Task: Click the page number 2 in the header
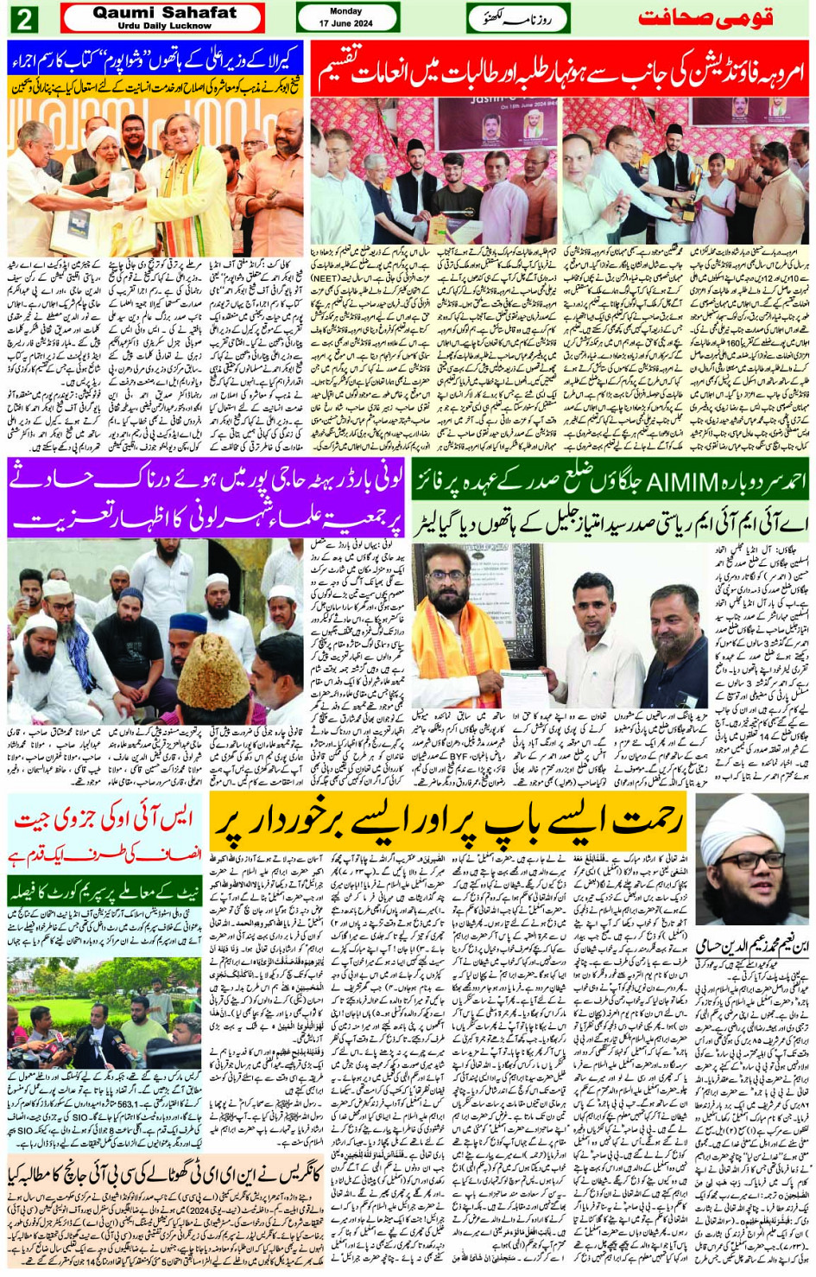click(23, 18)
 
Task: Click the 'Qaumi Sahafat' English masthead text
click(164, 13)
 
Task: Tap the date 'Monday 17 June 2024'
click(346, 17)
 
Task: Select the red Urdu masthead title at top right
click(705, 18)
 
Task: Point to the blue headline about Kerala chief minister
click(155, 59)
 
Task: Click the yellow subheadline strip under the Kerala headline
click(155, 86)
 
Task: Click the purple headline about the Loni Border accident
click(206, 498)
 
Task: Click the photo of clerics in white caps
click(155, 631)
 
